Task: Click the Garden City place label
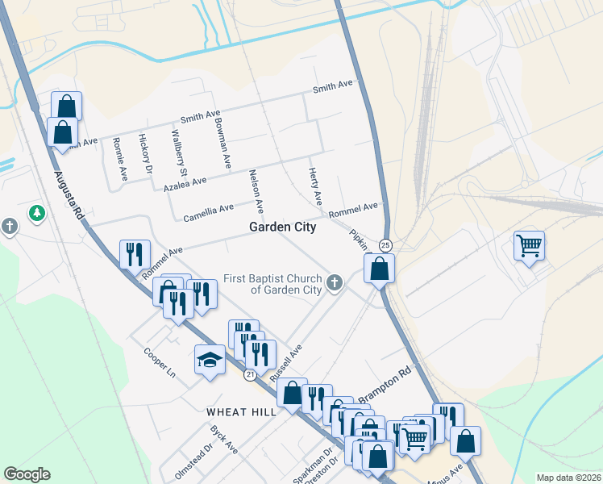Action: click(282, 227)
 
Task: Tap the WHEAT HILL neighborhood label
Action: click(242, 411)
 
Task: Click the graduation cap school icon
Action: click(210, 359)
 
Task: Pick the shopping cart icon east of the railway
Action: click(529, 244)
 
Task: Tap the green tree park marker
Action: click(36, 214)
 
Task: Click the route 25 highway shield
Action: click(385, 244)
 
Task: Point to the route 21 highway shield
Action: click(251, 375)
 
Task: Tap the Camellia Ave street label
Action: click(209, 212)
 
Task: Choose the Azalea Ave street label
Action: click(185, 184)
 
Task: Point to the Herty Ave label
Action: click(315, 186)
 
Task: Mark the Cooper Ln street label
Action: click(160, 364)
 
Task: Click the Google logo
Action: click(27, 474)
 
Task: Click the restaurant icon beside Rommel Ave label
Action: click(134, 254)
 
